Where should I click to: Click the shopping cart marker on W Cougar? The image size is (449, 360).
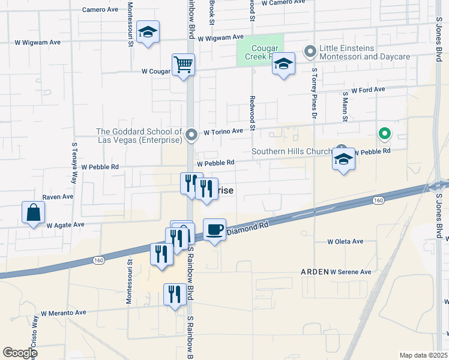pos(183,64)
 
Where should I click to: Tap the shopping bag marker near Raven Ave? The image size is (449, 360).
pos(33,212)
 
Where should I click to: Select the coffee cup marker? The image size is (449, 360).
pos(214,229)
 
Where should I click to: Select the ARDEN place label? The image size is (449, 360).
pos(314,272)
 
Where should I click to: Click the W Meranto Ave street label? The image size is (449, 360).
pos(64,313)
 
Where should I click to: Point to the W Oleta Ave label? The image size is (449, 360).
pos(345,242)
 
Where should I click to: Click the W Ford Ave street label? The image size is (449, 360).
pos(368,90)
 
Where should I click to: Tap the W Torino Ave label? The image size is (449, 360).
pos(223,131)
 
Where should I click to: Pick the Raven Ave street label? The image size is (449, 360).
pos(58,196)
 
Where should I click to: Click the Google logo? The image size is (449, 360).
pos(20,353)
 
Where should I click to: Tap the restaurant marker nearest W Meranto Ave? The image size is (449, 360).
pos(175,293)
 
